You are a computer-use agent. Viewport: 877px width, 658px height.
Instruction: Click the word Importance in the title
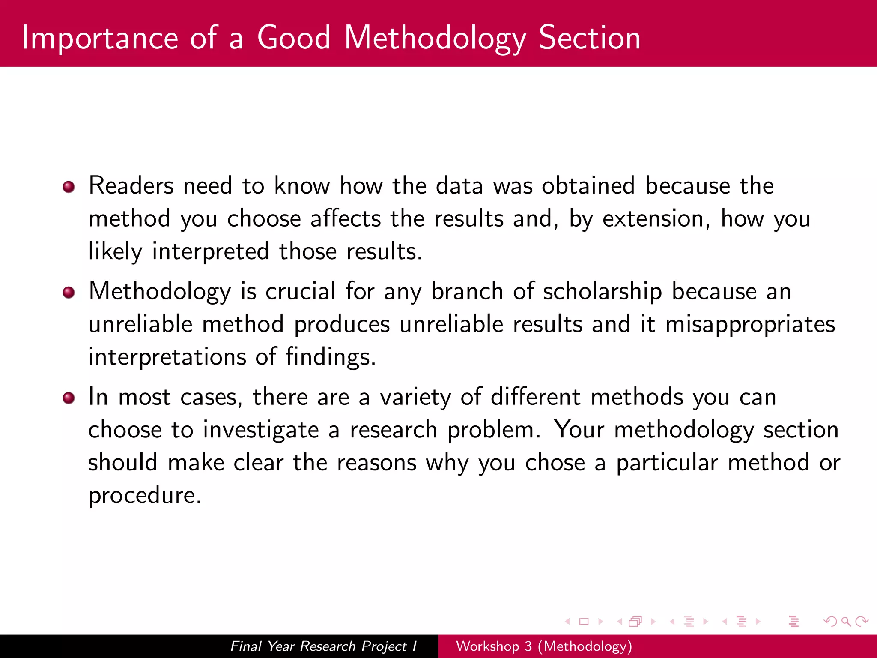click(x=99, y=39)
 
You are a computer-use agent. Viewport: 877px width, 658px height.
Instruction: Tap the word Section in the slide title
click(x=589, y=38)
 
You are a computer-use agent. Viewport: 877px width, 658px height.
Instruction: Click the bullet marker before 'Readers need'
click(x=69, y=187)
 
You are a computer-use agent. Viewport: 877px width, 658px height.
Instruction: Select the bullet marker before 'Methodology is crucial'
click(x=69, y=293)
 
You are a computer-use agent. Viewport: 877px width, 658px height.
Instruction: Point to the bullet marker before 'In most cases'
click(x=69, y=398)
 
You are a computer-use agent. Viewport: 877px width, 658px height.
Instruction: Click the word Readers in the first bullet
click(x=131, y=186)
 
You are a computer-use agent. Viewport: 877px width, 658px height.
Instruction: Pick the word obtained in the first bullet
click(x=588, y=186)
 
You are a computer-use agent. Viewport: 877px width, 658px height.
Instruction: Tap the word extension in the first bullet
click(x=653, y=219)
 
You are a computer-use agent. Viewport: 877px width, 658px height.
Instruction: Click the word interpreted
click(x=210, y=252)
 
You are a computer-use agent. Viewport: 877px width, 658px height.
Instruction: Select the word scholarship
click(x=602, y=292)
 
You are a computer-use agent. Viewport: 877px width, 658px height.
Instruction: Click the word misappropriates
click(x=750, y=325)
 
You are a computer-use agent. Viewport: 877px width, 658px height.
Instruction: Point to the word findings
click(x=330, y=357)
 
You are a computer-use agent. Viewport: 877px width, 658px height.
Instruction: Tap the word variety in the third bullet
click(x=415, y=398)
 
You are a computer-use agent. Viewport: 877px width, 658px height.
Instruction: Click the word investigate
click(x=261, y=430)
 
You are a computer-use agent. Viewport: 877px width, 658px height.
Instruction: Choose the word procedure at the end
click(x=144, y=496)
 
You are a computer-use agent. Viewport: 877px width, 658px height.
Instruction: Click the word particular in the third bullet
click(x=667, y=463)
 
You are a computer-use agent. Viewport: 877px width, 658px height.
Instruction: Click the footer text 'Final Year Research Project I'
click(x=323, y=646)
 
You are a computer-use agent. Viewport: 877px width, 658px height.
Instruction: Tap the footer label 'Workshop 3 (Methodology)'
click(x=544, y=646)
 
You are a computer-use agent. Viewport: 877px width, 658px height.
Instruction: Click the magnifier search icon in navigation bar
click(x=846, y=622)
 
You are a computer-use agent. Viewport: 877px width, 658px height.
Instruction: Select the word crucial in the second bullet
click(x=301, y=292)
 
